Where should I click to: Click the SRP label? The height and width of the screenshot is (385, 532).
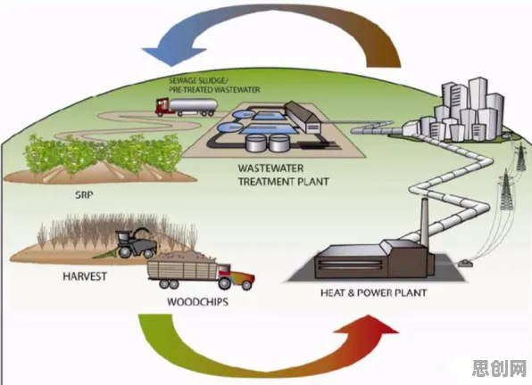tap(84, 195)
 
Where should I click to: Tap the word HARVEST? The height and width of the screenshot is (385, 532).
tap(85, 276)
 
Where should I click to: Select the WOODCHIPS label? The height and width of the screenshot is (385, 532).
tap(197, 302)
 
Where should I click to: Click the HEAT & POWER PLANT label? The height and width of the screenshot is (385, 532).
tap(373, 292)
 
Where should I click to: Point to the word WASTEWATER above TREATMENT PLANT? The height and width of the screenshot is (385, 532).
tap(270, 168)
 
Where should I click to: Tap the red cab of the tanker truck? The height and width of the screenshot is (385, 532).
tap(162, 106)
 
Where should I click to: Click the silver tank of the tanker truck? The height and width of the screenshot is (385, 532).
tap(193, 104)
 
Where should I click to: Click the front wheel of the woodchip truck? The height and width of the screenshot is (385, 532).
tap(246, 284)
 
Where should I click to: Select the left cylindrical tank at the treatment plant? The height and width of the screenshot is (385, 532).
tap(255, 143)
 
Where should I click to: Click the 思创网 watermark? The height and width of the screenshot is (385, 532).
tap(499, 369)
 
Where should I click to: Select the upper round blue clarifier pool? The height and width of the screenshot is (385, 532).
tap(244, 114)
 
